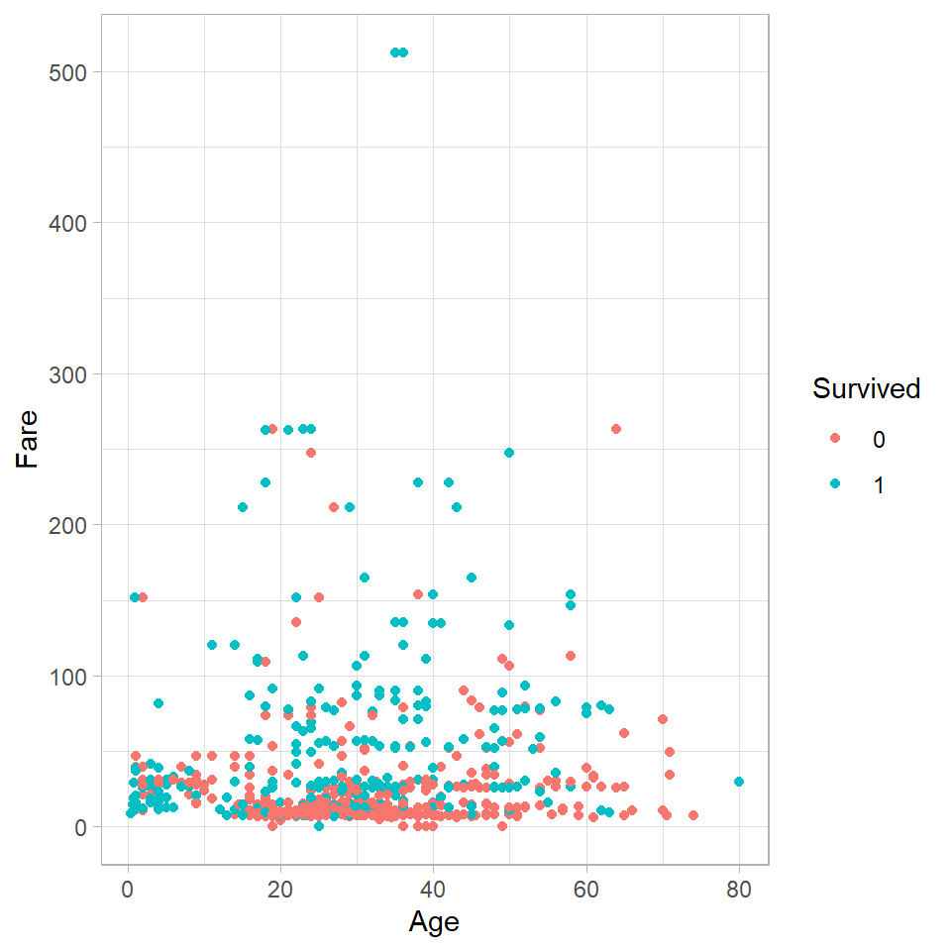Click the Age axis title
click(x=434, y=922)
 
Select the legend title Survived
click(x=867, y=389)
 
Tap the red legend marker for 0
click(x=834, y=439)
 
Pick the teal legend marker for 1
click(x=834, y=484)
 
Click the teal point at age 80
click(x=738, y=782)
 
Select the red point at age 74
click(x=692, y=815)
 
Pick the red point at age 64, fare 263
click(x=616, y=429)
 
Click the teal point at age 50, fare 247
click(x=509, y=453)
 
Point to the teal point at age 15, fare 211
click(x=243, y=507)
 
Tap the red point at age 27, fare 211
click(x=334, y=507)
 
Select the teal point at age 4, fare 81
click(x=158, y=703)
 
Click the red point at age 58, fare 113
click(x=571, y=656)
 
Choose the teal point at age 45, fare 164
click(x=472, y=578)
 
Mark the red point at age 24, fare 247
click(x=311, y=453)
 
